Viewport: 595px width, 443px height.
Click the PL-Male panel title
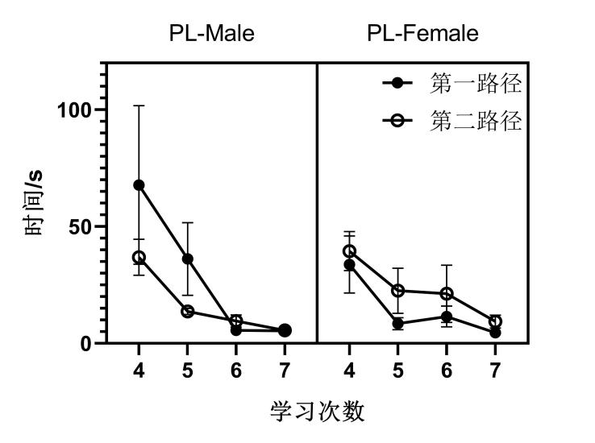click(211, 34)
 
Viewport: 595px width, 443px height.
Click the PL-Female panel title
click(422, 34)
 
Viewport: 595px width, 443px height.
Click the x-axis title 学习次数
click(317, 412)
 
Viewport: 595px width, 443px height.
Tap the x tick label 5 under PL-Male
click(187, 371)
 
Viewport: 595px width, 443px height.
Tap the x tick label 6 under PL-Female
click(446, 371)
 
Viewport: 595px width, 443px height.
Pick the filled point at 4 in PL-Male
click(139, 184)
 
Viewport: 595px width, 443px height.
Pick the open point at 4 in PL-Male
click(139, 258)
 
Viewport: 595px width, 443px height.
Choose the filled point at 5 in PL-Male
click(187, 259)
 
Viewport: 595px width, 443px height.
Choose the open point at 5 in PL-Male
click(187, 311)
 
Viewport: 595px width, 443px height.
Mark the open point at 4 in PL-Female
click(349, 251)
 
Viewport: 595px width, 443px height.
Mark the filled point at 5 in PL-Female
click(397, 324)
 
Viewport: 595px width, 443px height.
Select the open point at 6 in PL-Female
click(446, 293)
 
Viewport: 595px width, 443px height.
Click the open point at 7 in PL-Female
click(495, 321)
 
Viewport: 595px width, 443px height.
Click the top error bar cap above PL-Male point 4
click(139, 106)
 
